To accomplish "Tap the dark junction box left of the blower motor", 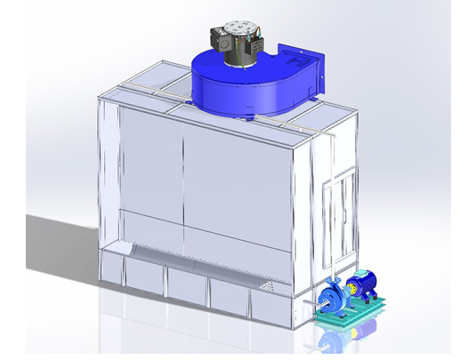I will click(216, 39).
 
